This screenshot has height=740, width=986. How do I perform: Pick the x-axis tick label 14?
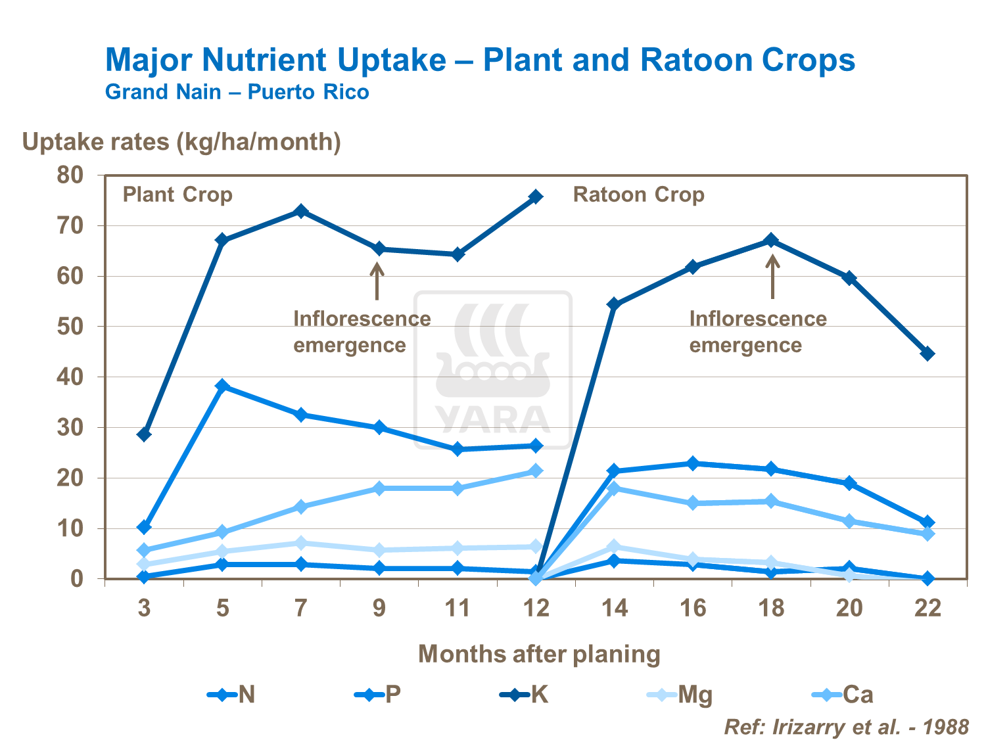click(615, 609)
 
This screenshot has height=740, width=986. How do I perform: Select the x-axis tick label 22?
click(927, 609)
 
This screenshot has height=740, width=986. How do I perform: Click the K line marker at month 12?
click(536, 197)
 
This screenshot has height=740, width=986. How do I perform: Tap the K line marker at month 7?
click(301, 211)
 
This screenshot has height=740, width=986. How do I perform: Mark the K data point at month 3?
click(145, 434)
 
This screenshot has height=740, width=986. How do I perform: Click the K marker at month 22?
click(927, 354)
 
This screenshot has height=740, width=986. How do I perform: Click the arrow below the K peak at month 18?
click(772, 276)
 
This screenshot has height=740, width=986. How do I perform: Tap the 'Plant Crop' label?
click(177, 195)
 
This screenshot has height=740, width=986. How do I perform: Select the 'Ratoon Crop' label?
click(638, 195)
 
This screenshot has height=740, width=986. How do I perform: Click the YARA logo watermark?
click(492, 370)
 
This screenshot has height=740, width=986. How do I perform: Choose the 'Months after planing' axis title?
click(539, 654)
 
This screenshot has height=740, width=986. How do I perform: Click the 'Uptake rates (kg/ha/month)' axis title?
click(181, 142)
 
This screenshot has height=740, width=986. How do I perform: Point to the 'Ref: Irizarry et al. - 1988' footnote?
click(846, 727)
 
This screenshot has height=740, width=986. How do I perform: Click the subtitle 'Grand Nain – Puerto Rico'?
click(237, 92)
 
